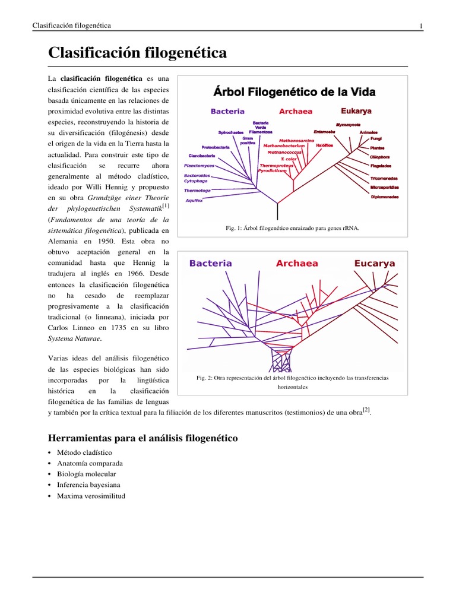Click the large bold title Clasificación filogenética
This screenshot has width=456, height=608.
[137, 53]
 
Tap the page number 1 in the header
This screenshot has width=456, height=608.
[421, 26]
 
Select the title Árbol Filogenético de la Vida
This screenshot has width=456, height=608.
[294, 92]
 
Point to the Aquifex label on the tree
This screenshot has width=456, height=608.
[194, 201]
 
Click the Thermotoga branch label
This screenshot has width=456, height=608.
[197, 191]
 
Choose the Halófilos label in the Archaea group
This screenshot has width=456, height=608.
[324, 145]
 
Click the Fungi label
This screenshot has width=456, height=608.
[376, 138]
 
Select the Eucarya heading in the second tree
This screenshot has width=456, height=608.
[374, 263]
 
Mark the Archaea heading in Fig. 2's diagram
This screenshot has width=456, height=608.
[297, 263]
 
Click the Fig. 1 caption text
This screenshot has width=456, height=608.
[293, 227]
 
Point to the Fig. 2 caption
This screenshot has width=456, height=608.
[293, 382]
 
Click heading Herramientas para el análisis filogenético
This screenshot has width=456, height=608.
[142, 438]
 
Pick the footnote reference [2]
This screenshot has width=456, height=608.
[366, 410]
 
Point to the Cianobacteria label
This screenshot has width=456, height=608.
[201, 156]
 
